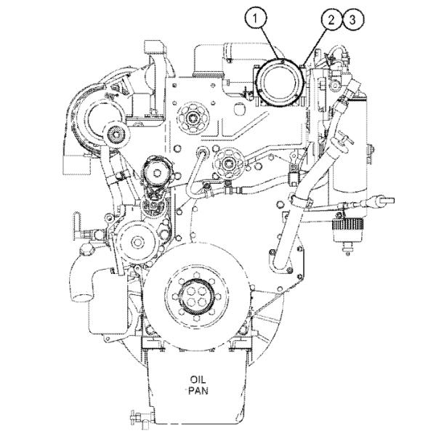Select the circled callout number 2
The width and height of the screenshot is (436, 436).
tap(331, 20)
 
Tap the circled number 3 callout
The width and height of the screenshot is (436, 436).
tap(352, 20)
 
